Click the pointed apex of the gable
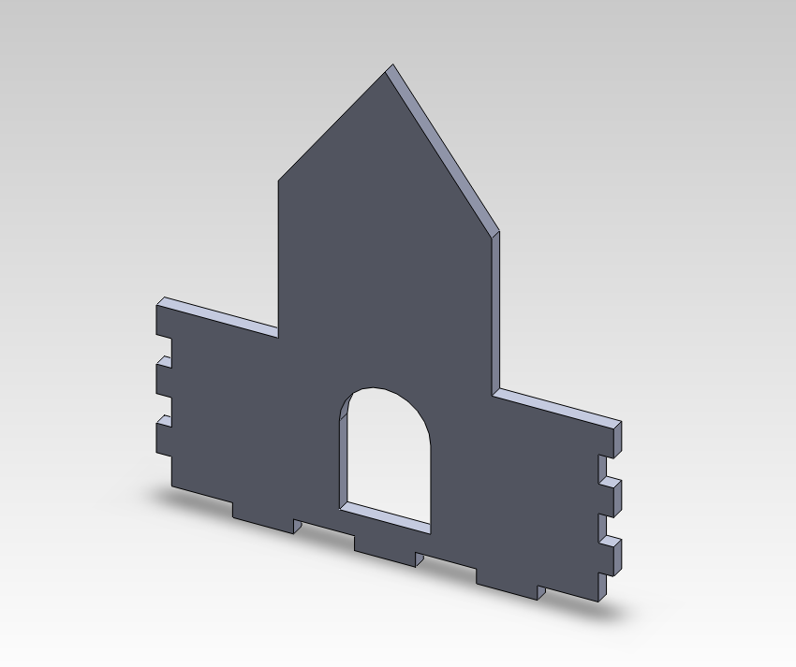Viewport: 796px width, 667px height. (391, 66)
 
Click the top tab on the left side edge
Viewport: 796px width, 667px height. (163, 320)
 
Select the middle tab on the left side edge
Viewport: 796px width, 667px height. (163, 377)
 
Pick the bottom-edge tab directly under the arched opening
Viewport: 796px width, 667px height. (385, 553)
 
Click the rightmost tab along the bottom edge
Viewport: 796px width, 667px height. (507, 584)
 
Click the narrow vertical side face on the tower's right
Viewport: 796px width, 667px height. (495, 309)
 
